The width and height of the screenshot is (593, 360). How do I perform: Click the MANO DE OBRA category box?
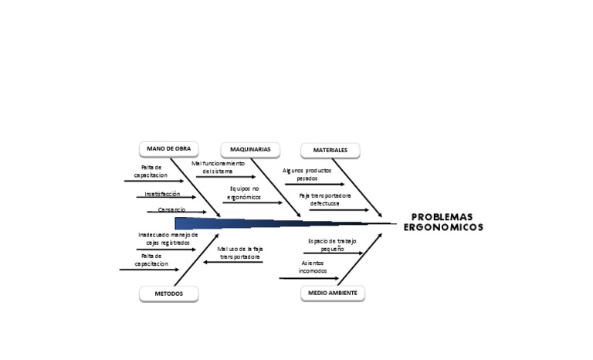pos(168,148)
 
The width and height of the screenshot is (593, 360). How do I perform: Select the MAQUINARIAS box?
pos(250,149)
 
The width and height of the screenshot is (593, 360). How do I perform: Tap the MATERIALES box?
pos(330,150)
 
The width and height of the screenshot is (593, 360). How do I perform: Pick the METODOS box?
pos(168,294)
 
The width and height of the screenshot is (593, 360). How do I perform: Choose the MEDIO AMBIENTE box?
pos(332,293)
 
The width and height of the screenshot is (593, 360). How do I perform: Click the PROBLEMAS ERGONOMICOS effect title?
pos(442,222)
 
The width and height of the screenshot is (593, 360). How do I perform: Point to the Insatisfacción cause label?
pos(162,194)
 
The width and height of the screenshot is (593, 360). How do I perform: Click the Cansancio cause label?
pos(171,209)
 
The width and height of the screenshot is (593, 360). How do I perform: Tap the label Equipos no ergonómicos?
pos(245,192)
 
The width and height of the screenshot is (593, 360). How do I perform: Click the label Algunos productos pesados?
pos(307,174)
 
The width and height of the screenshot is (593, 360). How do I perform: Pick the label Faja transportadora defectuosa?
pos(325,199)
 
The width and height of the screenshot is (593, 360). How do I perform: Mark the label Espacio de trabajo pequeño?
pos(332,245)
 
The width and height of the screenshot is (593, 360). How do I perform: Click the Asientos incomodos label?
pos(313,267)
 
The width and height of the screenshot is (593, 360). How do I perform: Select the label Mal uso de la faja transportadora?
pos(240,252)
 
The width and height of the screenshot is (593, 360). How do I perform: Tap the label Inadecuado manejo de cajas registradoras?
pos(168,238)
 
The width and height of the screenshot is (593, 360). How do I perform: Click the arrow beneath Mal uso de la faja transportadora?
pos(232,262)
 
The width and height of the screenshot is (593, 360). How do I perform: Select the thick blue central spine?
pos(270,223)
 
